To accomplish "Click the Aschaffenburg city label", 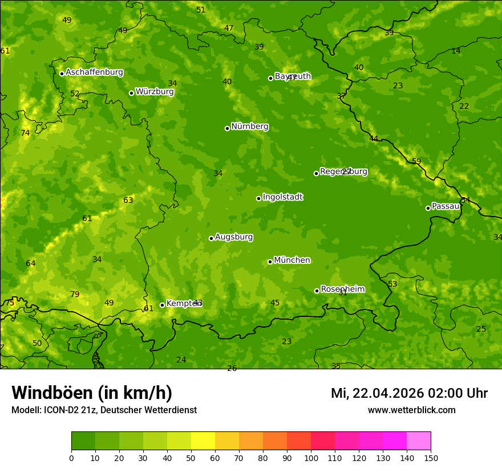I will click(94, 72).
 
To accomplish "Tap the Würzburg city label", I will click(155, 92).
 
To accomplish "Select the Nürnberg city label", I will click(250, 127).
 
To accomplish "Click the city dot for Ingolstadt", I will click(258, 198).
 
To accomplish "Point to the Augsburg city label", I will click(234, 237).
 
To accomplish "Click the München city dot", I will click(270, 262).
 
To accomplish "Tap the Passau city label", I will click(446, 206).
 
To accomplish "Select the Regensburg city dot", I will click(316, 173).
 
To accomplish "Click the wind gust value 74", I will click(25, 133).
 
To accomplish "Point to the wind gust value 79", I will click(75, 295).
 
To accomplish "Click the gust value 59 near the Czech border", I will click(416, 162).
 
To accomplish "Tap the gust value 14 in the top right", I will click(456, 51).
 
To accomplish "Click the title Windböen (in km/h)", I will click(92, 393).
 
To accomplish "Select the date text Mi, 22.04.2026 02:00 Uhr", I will click(409, 393).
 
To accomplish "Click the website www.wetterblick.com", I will click(411, 410).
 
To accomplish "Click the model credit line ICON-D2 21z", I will click(104, 410).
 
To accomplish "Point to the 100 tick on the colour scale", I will click(311, 458).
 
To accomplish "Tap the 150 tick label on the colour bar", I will click(431, 458).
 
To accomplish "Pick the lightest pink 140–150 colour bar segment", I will click(419, 441).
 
